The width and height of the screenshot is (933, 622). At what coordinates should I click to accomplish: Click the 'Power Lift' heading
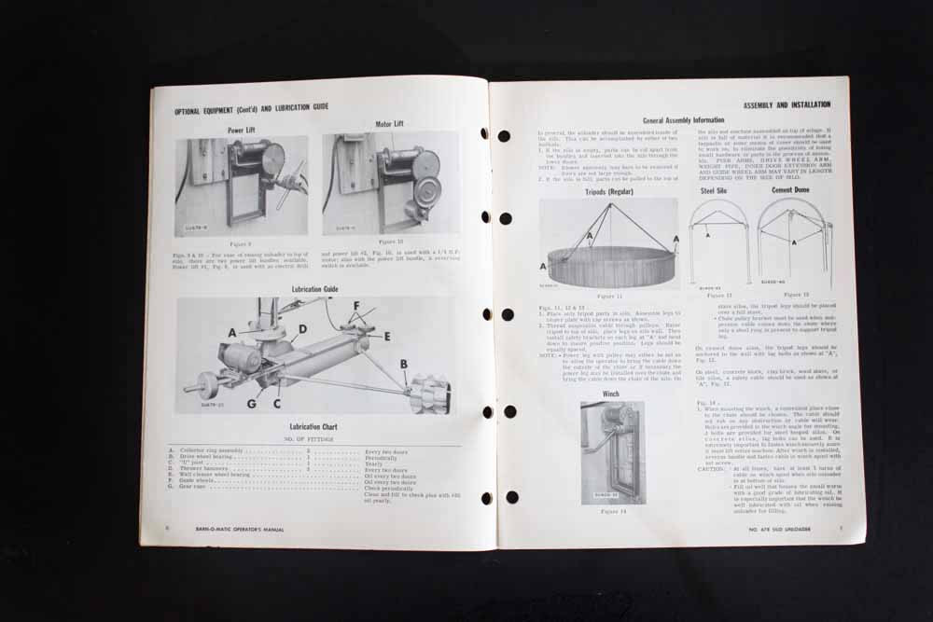(x=242, y=130)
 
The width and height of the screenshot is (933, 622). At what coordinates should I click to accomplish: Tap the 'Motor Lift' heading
(x=390, y=122)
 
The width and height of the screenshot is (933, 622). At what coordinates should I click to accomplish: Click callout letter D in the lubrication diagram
(x=303, y=329)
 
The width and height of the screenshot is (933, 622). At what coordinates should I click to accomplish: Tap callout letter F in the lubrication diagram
(x=355, y=304)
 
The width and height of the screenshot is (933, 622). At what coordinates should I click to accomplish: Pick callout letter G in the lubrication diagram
(x=253, y=404)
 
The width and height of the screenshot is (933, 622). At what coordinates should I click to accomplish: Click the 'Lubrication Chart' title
(x=313, y=426)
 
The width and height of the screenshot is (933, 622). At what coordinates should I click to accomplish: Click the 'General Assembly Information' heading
(x=683, y=120)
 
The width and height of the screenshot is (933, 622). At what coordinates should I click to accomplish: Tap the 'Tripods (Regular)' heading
(x=607, y=191)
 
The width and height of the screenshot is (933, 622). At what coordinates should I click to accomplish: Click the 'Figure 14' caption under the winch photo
(x=612, y=511)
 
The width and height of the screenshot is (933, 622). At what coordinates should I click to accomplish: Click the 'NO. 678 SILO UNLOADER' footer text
(x=787, y=530)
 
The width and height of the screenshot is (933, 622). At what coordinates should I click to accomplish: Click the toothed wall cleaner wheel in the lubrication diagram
(x=430, y=394)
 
